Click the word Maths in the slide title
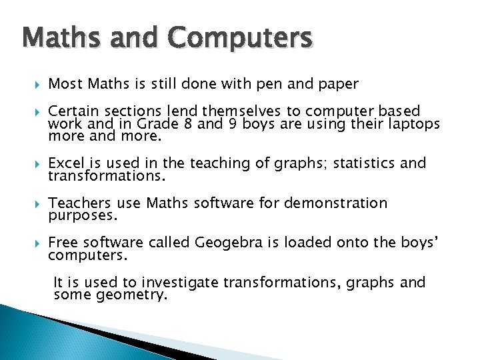tap(57, 38)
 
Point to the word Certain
tap(71, 111)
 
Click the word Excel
tap(66, 163)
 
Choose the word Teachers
tap(75, 203)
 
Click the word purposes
tap(83, 217)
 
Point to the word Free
tap(62, 243)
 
